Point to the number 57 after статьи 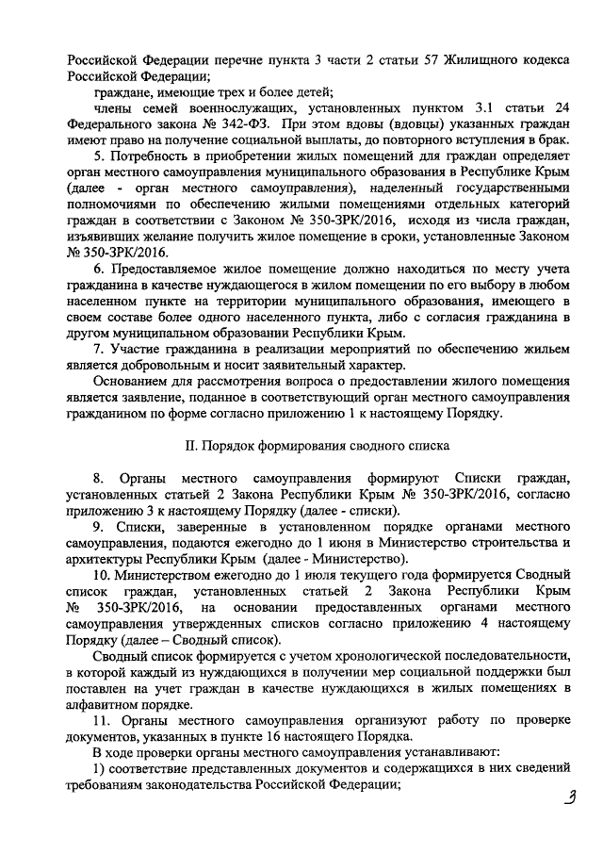[434, 58]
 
